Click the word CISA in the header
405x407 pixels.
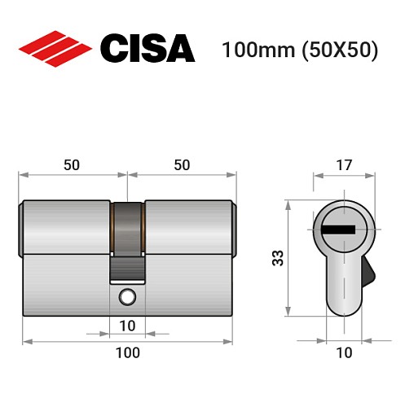tap(147, 48)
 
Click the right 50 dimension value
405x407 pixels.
tap(182, 164)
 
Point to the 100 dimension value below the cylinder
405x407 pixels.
tap(127, 352)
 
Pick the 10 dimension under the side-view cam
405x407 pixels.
tap(127, 326)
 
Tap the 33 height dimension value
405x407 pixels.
tap(277, 259)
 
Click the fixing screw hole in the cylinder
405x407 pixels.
tap(127, 297)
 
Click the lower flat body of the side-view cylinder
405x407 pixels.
tap(65, 285)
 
